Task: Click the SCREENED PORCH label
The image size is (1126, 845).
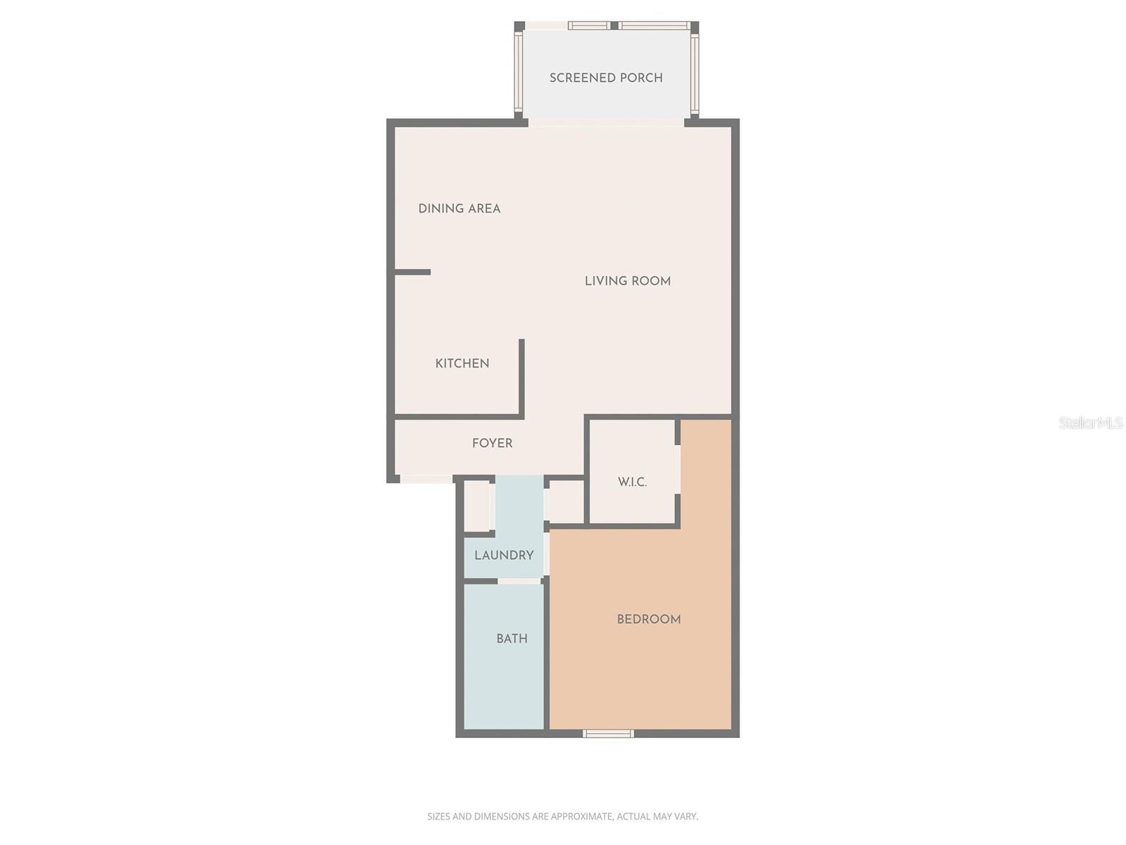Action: (606, 77)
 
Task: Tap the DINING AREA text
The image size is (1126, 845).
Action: (459, 208)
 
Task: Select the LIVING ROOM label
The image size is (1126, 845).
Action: (627, 281)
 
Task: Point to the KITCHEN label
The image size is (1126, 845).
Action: (462, 363)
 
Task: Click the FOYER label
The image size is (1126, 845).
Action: (492, 443)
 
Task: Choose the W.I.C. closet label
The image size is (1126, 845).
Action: (632, 482)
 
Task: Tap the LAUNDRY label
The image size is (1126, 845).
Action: (504, 555)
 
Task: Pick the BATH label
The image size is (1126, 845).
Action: (512, 639)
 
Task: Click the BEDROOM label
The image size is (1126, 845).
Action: (648, 620)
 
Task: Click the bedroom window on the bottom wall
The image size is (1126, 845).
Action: (608, 734)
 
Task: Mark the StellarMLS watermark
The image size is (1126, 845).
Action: (1090, 423)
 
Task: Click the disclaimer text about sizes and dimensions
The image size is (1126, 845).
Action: (562, 817)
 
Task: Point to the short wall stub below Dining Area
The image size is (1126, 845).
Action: (413, 272)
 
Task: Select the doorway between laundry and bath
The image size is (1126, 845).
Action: (519, 581)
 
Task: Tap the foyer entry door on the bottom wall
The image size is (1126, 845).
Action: (426, 479)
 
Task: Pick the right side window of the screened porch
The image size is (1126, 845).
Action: (694, 73)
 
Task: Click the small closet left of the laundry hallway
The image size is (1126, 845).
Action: (476, 505)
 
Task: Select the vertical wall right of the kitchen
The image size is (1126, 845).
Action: (521, 378)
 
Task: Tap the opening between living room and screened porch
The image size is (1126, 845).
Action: (606, 123)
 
